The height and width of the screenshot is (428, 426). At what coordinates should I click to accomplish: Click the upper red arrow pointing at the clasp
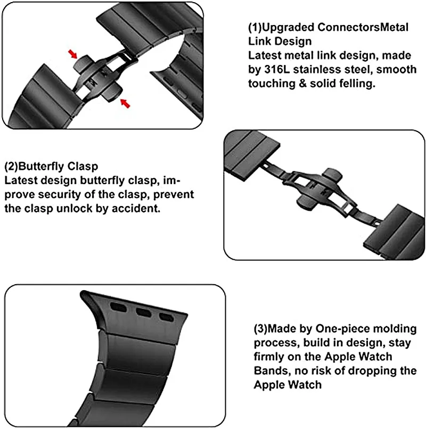tap(73, 53)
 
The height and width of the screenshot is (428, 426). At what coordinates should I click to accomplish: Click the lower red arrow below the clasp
tap(125, 102)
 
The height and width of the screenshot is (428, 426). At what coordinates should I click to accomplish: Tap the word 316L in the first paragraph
tap(280, 69)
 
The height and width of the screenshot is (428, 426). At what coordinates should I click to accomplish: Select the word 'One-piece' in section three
tap(344, 328)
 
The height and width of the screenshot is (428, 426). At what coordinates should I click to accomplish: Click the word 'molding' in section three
tap(396, 328)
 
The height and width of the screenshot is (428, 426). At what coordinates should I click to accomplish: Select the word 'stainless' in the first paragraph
tap(321, 69)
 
